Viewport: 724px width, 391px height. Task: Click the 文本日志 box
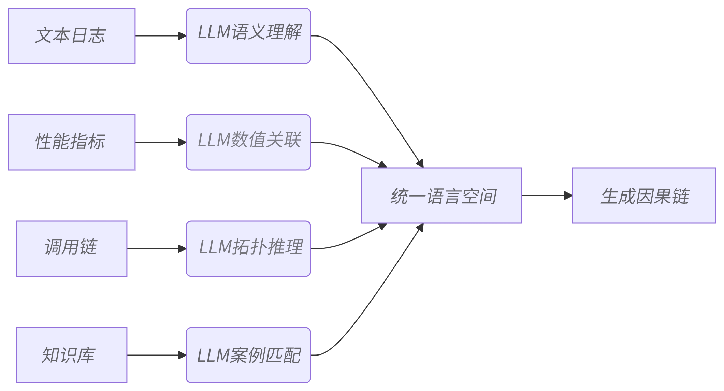click(71, 36)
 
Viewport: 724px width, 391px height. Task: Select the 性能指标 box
click(71, 142)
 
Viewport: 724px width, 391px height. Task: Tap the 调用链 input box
click(71, 248)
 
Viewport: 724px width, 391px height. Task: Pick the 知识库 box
click(71, 355)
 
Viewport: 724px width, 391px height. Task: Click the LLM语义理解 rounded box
click(248, 36)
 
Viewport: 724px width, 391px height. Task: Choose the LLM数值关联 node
click(248, 142)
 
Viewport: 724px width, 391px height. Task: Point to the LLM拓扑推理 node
click(248, 248)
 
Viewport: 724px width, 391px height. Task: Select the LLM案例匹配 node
click(248, 355)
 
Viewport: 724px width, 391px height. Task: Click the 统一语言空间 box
click(441, 195)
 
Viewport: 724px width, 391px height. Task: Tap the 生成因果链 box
click(644, 195)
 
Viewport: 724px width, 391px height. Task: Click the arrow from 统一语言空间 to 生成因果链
click(546, 195)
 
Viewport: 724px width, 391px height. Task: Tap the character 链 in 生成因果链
click(681, 197)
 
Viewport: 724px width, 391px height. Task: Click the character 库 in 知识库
click(86, 356)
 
